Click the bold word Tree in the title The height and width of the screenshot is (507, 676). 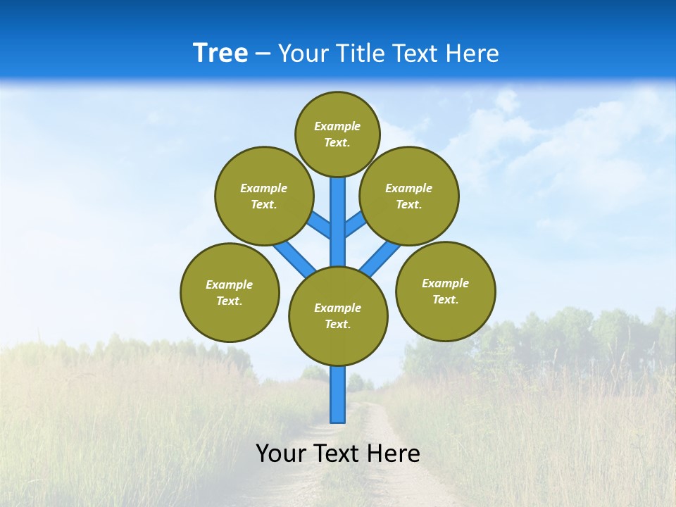(220, 53)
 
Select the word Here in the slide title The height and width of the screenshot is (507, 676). (472, 54)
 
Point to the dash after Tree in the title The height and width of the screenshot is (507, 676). (263, 54)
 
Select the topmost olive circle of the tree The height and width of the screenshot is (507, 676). (337, 134)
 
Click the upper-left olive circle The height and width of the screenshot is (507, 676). (264, 196)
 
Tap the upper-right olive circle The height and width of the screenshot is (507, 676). (409, 196)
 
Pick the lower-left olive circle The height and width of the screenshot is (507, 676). (230, 292)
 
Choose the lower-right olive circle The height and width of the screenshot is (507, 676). (445, 291)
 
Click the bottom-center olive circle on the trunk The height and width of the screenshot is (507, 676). (338, 315)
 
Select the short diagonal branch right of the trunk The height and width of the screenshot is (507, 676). (355, 225)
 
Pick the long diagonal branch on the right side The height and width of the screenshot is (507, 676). (380, 258)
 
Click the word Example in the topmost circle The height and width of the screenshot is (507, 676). (337, 127)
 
